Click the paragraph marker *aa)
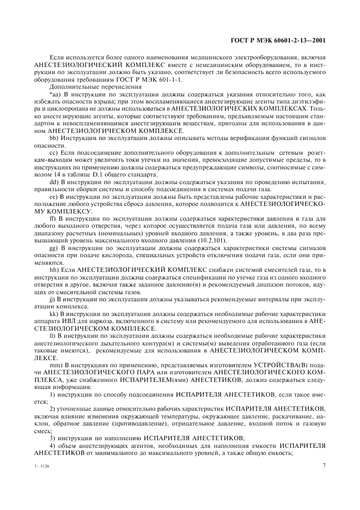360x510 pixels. (x=55, y=94)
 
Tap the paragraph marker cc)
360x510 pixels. (x=54, y=155)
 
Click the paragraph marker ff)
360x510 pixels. (x=53, y=217)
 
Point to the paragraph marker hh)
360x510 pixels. (x=54, y=269)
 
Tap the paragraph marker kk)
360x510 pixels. (x=54, y=313)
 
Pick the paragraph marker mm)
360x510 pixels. (x=56, y=364)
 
